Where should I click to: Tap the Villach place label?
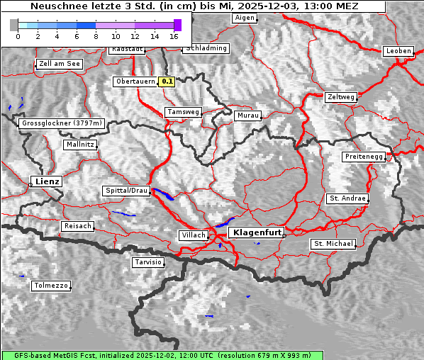[193, 235]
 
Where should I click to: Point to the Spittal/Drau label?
[126, 191]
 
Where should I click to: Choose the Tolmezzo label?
[51, 286]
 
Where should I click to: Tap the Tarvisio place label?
[148, 262]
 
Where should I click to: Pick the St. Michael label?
[333, 244]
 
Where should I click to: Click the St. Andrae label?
[347, 198]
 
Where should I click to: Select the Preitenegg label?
[364, 157]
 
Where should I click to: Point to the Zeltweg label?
[340, 97]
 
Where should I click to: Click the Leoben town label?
[398, 51]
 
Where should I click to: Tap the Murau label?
[248, 115]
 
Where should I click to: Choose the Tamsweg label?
[183, 112]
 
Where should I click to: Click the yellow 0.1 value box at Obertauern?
[167, 81]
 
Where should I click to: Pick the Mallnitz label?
[79, 145]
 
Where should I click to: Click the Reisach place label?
[78, 226]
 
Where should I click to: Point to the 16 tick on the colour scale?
[174, 35]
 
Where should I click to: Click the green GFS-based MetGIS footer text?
[162, 355]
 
